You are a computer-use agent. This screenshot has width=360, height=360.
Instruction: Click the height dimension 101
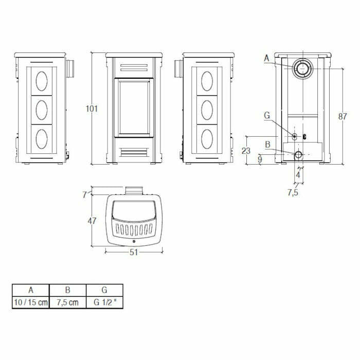tap(92, 109)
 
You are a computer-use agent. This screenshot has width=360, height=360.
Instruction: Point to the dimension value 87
tap(343, 116)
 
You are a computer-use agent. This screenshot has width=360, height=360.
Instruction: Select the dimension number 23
tap(246, 150)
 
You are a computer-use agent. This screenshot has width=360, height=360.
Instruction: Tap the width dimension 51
tap(134, 252)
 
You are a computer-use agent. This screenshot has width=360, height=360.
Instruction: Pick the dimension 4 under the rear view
tap(298, 175)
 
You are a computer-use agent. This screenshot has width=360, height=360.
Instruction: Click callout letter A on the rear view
tap(266, 59)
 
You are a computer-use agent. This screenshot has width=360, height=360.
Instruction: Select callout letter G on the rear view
tap(266, 116)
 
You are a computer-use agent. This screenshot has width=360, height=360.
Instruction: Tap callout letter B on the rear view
tap(267, 145)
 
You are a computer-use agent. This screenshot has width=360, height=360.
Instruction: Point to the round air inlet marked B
tap(299, 154)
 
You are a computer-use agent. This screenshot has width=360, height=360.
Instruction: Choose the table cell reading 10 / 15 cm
tap(30, 302)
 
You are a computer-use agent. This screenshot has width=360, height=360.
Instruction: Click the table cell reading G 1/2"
tap(105, 302)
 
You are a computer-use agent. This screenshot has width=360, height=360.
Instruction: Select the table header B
tap(68, 290)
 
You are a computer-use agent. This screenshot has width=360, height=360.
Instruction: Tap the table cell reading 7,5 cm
tap(68, 302)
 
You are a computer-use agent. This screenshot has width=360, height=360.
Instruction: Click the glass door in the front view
tap(134, 107)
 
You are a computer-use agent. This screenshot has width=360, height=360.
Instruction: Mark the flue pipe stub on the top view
tap(134, 191)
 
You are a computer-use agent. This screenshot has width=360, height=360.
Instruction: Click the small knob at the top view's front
tap(134, 241)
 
